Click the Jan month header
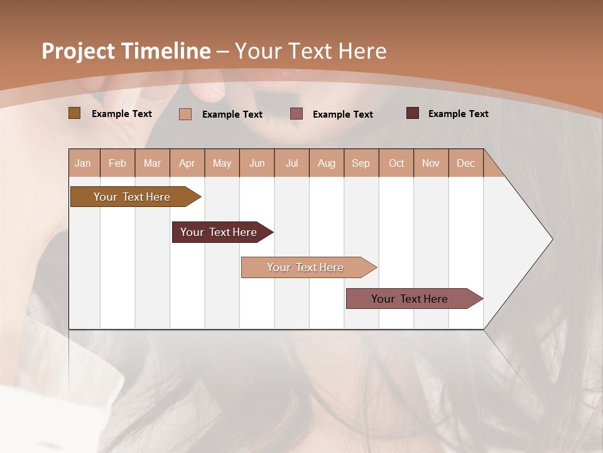tap(83, 163)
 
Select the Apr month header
tap(187, 163)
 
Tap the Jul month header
tap(291, 163)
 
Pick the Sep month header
tap(361, 163)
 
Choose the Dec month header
tap(465, 163)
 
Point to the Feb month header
tap(117, 163)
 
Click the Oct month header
tap(396, 163)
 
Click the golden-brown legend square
tap(74, 113)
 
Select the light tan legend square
tap(185, 114)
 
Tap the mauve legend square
tap(296, 113)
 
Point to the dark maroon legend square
tap(412, 113)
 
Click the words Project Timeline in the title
tap(126, 51)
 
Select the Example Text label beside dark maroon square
tap(458, 114)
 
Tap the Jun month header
tap(257, 163)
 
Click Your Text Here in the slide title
tap(310, 51)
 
